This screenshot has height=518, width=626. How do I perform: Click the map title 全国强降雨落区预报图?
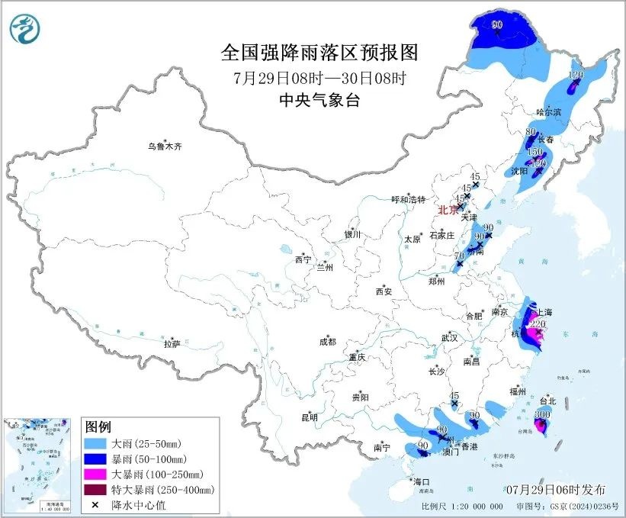[319, 53]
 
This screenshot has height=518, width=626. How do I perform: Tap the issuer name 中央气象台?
[319, 100]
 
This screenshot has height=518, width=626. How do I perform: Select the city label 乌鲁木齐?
[166, 146]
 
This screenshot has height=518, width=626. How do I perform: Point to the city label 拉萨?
[171, 344]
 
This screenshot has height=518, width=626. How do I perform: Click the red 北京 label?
[448, 210]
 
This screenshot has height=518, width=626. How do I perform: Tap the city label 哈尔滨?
[548, 112]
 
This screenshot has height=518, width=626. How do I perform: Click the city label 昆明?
[309, 417]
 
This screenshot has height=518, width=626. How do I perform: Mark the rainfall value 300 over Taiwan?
[542, 414]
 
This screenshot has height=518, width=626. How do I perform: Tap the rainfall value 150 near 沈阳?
[535, 152]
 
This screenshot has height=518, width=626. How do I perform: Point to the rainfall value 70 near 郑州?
[459, 256]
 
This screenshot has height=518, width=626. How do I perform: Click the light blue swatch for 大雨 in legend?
[95, 443]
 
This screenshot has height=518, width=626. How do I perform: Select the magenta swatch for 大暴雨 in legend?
[95, 474]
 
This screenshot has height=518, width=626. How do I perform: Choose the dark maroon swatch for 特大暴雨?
[95, 489]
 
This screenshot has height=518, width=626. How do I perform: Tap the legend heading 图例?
[98, 426]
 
